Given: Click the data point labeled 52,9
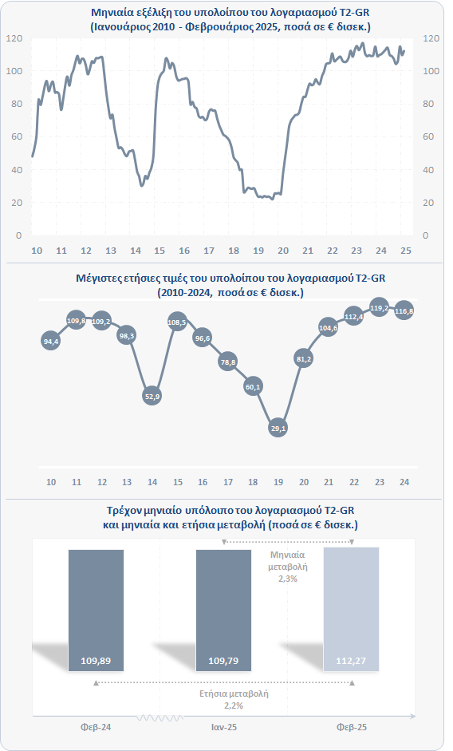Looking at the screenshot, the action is (x=152, y=396).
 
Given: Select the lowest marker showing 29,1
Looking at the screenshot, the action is (x=278, y=429).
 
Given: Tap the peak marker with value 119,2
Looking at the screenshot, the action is (x=380, y=308).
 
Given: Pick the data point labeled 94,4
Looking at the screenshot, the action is (x=51, y=342).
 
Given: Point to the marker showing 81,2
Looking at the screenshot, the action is (x=304, y=358).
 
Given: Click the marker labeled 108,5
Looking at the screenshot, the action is (x=177, y=322).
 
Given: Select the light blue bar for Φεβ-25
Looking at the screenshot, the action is (x=352, y=609).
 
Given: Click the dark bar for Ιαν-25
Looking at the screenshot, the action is (x=223, y=611).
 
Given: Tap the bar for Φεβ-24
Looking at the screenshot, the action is (x=97, y=611).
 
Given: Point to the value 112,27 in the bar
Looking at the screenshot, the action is (x=351, y=661).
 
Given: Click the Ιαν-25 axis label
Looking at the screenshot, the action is (x=223, y=727).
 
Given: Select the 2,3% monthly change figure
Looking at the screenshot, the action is (x=288, y=579).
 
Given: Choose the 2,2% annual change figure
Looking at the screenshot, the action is (x=234, y=706).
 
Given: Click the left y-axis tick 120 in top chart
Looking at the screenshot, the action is (x=14, y=38).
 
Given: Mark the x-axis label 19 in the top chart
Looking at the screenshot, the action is (x=258, y=251).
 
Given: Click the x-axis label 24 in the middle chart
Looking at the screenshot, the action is (x=404, y=482).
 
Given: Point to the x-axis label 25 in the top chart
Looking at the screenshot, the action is (x=406, y=251).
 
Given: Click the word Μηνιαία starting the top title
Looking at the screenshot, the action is (x=109, y=13).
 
